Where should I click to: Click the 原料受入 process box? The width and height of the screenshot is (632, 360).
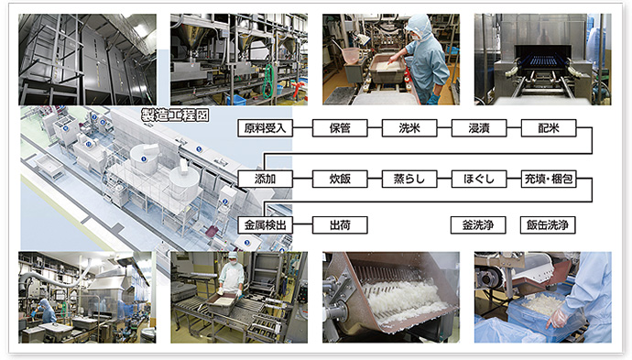pos(265,128)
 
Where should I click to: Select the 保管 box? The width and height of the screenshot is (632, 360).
pos(340,128)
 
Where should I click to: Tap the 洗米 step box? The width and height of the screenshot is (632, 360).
pos(409,128)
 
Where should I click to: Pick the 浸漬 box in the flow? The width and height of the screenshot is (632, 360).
pos(479,128)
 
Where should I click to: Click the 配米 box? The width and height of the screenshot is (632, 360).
pos(549,128)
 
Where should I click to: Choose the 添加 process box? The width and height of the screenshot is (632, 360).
pos(265,179)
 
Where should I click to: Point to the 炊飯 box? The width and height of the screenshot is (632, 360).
pos(340,179)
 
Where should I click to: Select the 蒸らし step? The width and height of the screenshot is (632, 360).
pos(409,179)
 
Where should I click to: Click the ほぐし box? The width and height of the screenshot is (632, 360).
pos(479,179)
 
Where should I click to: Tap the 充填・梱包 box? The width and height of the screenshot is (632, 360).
pos(549,179)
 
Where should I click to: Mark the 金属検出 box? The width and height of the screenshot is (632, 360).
pos(265,225)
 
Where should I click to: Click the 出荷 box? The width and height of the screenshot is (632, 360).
pos(340,225)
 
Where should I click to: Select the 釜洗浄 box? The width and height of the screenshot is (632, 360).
pos(478,225)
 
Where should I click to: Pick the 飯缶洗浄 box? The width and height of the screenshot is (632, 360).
pos(548,225)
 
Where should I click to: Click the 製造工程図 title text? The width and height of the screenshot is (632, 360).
pos(175,115)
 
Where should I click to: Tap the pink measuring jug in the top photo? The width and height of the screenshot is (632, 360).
pos(351,56)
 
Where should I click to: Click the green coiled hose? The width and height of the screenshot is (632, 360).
pos(267,82)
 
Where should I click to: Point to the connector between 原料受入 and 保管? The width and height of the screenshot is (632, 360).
pos(302,128)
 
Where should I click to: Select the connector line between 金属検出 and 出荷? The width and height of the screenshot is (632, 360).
pos(302,225)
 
